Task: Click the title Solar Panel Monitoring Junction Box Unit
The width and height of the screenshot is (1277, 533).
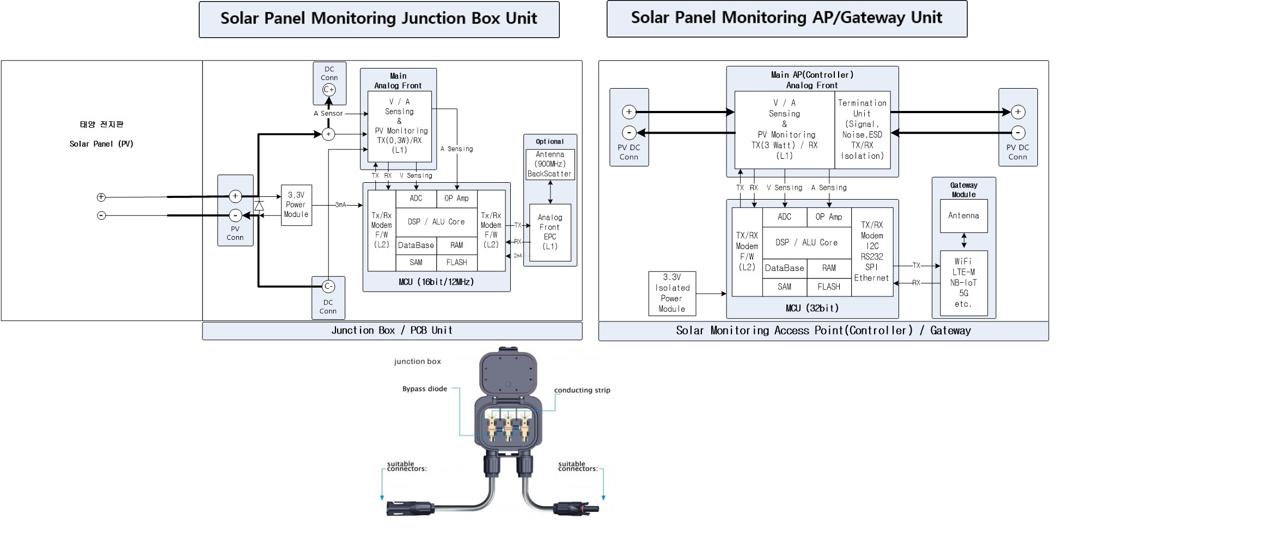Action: pyautogui.click(x=379, y=19)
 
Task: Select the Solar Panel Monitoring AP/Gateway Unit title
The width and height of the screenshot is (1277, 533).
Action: pyautogui.click(x=786, y=18)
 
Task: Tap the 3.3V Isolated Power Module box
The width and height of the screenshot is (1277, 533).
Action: pyautogui.click(x=672, y=293)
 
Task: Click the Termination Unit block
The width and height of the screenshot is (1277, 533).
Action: pyautogui.click(x=862, y=129)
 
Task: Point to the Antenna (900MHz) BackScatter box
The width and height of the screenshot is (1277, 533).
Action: pyautogui.click(x=550, y=164)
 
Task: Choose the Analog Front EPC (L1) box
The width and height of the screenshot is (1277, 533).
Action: pyautogui.click(x=550, y=232)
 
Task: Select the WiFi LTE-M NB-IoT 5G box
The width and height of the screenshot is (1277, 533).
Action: pyautogui.click(x=963, y=283)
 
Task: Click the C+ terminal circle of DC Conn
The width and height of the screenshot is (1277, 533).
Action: pyautogui.click(x=329, y=90)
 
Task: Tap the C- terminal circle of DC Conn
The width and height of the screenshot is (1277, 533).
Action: pyautogui.click(x=328, y=286)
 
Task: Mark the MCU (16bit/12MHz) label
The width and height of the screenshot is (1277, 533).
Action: pyautogui.click(x=436, y=282)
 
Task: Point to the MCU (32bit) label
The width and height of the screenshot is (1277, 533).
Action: pyautogui.click(x=812, y=308)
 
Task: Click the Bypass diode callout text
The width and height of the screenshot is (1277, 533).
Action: pyautogui.click(x=425, y=389)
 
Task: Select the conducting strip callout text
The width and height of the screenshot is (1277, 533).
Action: pyautogui.click(x=582, y=390)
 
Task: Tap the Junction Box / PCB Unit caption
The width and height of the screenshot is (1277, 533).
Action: pyautogui.click(x=392, y=331)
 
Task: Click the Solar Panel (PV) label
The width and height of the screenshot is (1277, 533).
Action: pyautogui.click(x=101, y=144)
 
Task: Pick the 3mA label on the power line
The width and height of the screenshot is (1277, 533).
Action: pyautogui.click(x=340, y=205)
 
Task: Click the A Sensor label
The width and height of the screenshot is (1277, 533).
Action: pyautogui.click(x=328, y=114)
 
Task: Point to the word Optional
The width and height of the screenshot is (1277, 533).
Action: pyautogui.click(x=549, y=141)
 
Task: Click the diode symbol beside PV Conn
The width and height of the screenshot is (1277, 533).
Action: pyautogui.click(x=259, y=206)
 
